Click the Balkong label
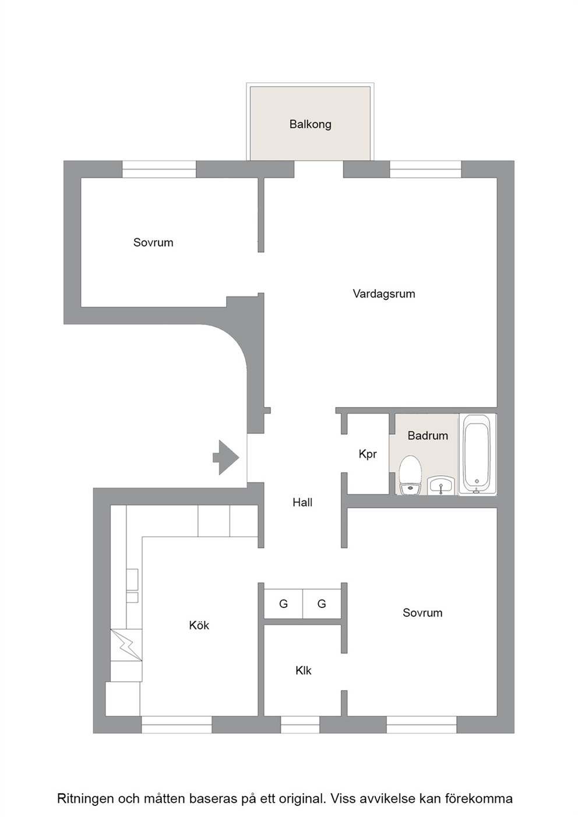click(310, 125)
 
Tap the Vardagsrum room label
click(384, 293)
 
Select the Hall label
click(302, 502)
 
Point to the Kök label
click(199, 625)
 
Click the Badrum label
click(428, 436)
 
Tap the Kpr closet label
click(368, 454)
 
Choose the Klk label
click(303, 670)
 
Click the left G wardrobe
click(283, 604)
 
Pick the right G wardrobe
click(322, 604)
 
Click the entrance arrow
click(226, 457)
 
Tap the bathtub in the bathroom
click(477, 454)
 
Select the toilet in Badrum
click(411, 475)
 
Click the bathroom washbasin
click(441, 484)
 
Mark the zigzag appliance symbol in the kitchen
click(126, 644)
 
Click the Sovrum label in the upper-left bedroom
click(153, 243)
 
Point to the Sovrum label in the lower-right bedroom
click(422, 613)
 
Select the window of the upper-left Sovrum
click(159, 169)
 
